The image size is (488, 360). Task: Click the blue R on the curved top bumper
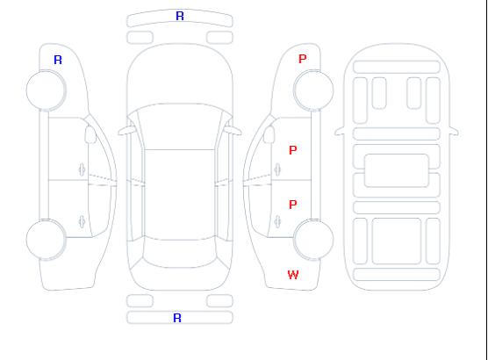pyautogui.click(x=180, y=16)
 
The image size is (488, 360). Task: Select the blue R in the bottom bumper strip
pyautogui.click(x=177, y=318)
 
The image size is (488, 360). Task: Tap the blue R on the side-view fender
pyautogui.click(x=58, y=60)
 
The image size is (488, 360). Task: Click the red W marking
pyautogui.click(x=293, y=275)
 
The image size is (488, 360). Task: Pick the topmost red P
pyautogui.click(x=302, y=59)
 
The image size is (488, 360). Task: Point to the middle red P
pyautogui.click(x=293, y=150)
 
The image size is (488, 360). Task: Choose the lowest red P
pyautogui.click(x=293, y=205)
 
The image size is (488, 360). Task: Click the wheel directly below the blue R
pyautogui.click(x=46, y=90)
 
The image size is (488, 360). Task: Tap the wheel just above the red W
pyautogui.click(x=313, y=239)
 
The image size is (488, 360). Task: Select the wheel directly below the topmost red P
pyautogui.click(x=313, y=90)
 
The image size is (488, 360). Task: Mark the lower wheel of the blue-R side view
pyautogui.click(x=46, y=239)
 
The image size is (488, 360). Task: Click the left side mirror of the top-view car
pyautogui.click(x=126, y=131)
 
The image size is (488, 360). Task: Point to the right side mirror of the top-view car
pyautogui.click(x=233, y=131)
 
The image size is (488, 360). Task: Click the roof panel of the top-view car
pyautogui.click(x=180, y=195)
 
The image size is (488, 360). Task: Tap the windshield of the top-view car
pyautogui.click(x=180, y=126)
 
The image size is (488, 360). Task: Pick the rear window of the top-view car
pyautogui.click(x=180, y=253)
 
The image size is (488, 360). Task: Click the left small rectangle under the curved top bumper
pyautogui.click(x=140, y=38)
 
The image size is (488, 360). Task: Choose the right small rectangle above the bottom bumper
pyautogui.click(x=219, y=301)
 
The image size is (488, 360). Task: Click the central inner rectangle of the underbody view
pyautogui.click(x=397, y=170)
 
